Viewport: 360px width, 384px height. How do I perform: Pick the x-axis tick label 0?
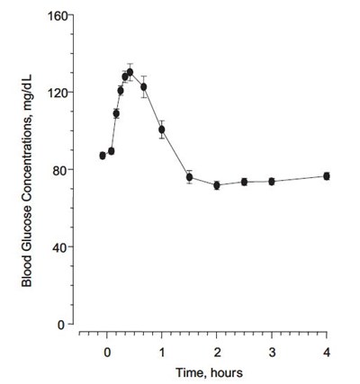point(107,352)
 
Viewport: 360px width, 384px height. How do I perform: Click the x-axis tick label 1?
point(162,352)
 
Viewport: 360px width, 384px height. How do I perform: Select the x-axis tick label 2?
point(217,352)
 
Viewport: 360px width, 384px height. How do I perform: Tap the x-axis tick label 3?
point(272,352)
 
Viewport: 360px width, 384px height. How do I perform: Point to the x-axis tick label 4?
point(327,352)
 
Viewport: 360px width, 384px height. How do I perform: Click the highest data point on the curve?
point(130,72)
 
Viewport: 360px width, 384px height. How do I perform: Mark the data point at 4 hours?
point(327,176)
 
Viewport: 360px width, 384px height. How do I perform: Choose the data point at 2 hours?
point(217,185)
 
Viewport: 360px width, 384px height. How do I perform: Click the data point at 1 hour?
point(162,129)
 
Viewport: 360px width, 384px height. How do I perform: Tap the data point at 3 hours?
point(272,182)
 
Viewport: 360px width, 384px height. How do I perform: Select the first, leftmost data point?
point(103,156)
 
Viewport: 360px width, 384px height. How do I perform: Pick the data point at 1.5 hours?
point(189,177)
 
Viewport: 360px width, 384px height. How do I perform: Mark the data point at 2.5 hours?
point(244,182)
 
